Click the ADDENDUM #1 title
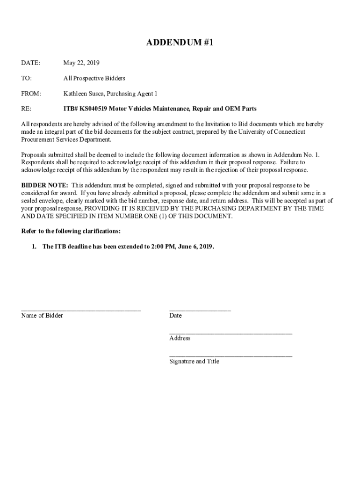pos(180,43)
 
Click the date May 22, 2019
pos(81,63)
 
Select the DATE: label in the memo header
pos(30,63)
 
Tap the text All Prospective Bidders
pos(94,78)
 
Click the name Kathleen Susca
pos(84,94)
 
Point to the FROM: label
pos(31,94)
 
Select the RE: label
pos(26,109)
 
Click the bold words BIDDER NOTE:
pos(45,186)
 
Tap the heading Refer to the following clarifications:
pos(71,231)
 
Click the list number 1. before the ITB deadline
pos(34,247)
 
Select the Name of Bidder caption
pos(42,316)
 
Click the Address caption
pos(180,338)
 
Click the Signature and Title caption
pos(194,362)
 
